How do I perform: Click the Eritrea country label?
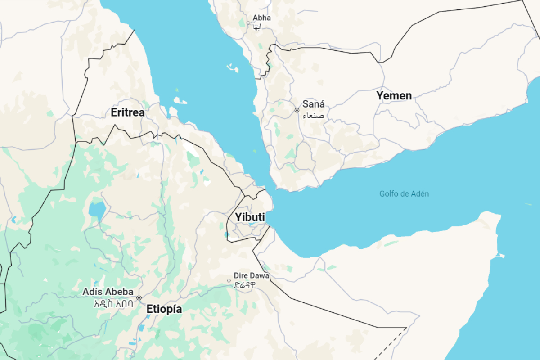click(x=128, y=112)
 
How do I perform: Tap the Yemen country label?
click(x=394, y=95)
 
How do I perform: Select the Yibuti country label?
click(x=250, y=217)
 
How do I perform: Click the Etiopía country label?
click(x=164, y=309)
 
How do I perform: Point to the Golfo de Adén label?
click(x=404, y=194)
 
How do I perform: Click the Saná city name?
click(x=313, y=104)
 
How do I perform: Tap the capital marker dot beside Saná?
click(x=297, y=110)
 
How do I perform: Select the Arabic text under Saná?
click(x=313, y=116)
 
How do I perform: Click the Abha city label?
click(x=261, y=18)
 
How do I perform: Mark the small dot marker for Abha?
click(x=248, y=22)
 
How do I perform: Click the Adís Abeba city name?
click(x=108, y=292)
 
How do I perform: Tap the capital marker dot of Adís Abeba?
click(x=139, y=298)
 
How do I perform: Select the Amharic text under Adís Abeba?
click(x=113, y=303)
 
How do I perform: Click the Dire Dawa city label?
click(x=251, y=275)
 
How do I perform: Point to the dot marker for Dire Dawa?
click(x=229, y=280)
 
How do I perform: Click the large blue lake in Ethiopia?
click(x=97, y=209)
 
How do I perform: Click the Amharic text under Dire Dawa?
click(x=245, y=284)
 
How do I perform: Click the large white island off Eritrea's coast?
click(x=180, y=101)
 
